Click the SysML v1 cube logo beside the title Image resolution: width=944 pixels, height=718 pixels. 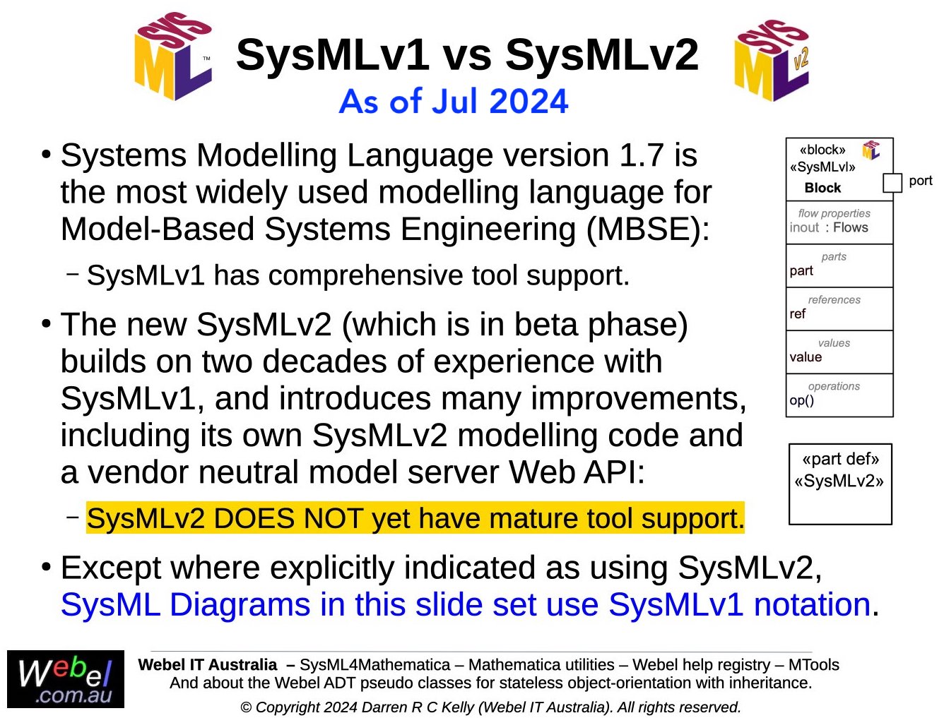(173, 56)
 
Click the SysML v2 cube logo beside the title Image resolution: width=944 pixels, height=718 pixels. (771, 60)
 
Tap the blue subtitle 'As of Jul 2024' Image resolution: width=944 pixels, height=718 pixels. (454, 102)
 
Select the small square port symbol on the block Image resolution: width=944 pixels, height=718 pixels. (892, 183)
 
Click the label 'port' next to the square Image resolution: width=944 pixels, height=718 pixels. (921, 181)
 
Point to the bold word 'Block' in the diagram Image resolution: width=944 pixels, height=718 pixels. (822, 188)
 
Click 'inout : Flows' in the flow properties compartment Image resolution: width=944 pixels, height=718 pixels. (828, 227)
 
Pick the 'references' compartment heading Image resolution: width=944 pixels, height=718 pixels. (834, 299)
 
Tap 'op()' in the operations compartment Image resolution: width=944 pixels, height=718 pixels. (802, 400)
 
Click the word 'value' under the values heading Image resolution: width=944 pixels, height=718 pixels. (806, 357)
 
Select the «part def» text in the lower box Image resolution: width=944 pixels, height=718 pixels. (840, 459)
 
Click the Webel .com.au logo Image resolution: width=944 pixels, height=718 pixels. (66, 679)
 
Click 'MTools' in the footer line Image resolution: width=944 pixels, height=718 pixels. (814, 665)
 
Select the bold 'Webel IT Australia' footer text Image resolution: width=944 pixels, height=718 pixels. (207, 665)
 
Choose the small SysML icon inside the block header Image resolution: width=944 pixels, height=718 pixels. (871, 150)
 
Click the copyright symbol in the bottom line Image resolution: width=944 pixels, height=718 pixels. (246, 707)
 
